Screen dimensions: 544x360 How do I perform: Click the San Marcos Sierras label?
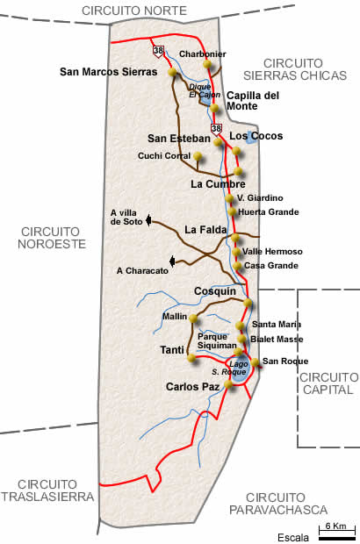[x=102, y=72]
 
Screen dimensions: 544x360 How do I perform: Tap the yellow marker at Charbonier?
[x=207, y=64]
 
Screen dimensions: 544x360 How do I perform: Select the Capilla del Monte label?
[x=253, y=100]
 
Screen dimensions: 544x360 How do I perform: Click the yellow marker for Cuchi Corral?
[x=198, y=157]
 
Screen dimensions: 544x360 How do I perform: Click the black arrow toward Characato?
[x=173, y=260]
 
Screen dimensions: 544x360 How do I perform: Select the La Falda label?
[x=205, y=230]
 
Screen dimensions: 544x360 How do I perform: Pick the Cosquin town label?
[x=215, y=290]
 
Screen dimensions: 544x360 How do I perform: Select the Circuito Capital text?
[x=328, y=383]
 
